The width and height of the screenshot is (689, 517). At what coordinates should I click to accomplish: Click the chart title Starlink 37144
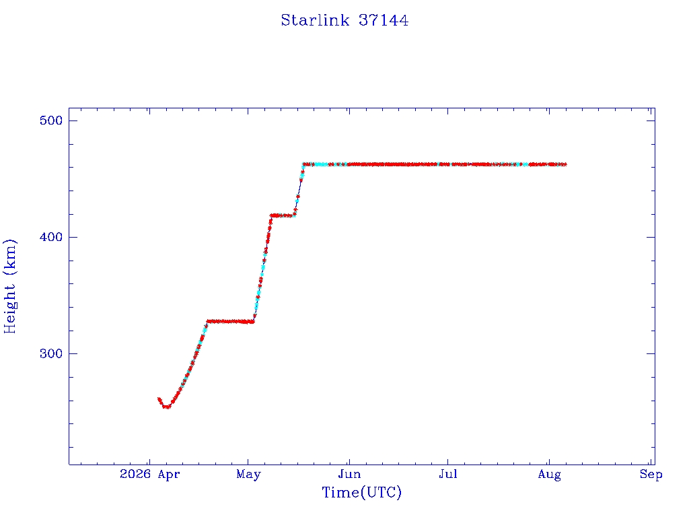(x=344, y=20)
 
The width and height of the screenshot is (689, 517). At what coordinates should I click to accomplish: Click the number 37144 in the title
(x=384, y=20)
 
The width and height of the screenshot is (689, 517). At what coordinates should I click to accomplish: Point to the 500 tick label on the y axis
(x=51, y=120)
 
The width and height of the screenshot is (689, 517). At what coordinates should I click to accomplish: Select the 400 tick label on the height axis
(x=51, y=237)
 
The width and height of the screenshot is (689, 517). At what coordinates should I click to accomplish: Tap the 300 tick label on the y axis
(x=51, y=353)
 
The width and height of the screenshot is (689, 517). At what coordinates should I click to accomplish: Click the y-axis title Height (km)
(x=9, y=286)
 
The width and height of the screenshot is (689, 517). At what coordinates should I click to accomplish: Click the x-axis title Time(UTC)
(x=361, y=492)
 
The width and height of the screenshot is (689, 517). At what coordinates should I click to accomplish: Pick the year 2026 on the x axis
(x=135, y=474)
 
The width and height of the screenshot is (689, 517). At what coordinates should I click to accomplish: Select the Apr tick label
(x=169, y=475)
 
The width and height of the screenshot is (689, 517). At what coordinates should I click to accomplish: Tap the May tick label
(x=248, y=475)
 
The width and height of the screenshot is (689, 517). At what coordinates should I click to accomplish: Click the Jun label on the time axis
(x=349, y=474)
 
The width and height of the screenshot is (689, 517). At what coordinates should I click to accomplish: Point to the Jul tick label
(x=447, y=474)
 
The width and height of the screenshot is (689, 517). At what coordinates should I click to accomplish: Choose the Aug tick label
(x=549, y=475)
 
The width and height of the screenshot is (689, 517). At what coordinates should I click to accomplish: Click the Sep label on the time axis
(x=651, y=475)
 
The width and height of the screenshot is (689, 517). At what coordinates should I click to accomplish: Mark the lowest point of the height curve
(x=166, y=407)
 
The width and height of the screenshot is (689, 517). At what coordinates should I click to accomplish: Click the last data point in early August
(x=565, y=164)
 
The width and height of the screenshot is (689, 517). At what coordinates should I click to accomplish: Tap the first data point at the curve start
(x=159, y=399)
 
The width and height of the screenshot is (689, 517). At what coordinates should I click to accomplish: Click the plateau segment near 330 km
(x=230, y=321)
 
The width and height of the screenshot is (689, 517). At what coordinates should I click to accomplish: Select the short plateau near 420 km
(x=283, y=215)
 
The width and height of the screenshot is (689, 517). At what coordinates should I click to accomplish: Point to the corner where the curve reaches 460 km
(x=303, y=164)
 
